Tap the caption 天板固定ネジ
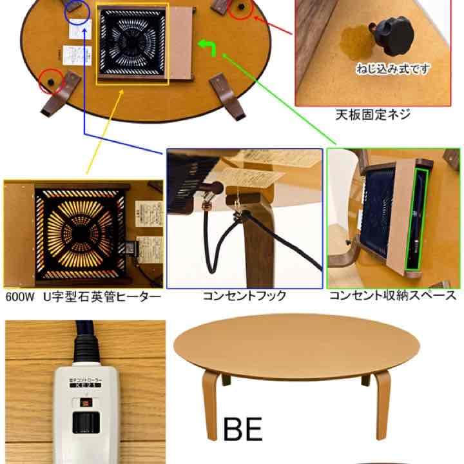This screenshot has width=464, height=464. click(x=372, y=115)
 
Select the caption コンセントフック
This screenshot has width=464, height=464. click(x=244, y=296)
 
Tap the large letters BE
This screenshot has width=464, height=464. click(x=243, y=429)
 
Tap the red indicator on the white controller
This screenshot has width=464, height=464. click(x=84, y=403)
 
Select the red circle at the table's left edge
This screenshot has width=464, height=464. click(x=48, y=82)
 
